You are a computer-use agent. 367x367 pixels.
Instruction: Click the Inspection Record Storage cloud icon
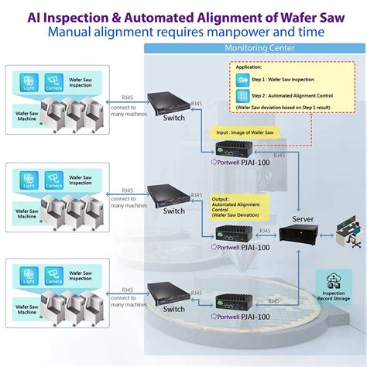click(334, 282)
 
